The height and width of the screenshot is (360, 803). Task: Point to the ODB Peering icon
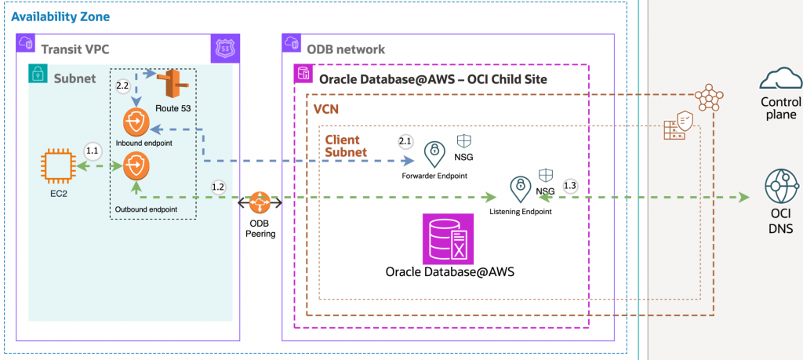click(260, 204)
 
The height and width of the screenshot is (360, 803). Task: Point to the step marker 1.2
click(220, 186)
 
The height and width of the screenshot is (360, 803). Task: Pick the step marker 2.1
click(405, 141)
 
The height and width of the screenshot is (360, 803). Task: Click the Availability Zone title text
click(60, 16)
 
